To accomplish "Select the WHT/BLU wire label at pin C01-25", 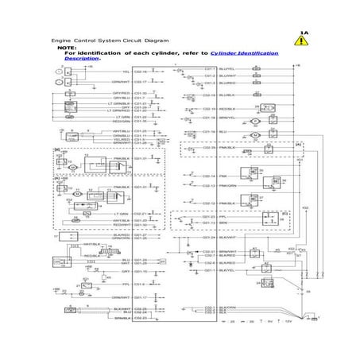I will (120, 130).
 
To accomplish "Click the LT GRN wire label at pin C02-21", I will (120, 213).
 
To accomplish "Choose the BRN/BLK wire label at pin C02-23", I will (121, 318).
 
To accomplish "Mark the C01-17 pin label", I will (139, 297).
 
